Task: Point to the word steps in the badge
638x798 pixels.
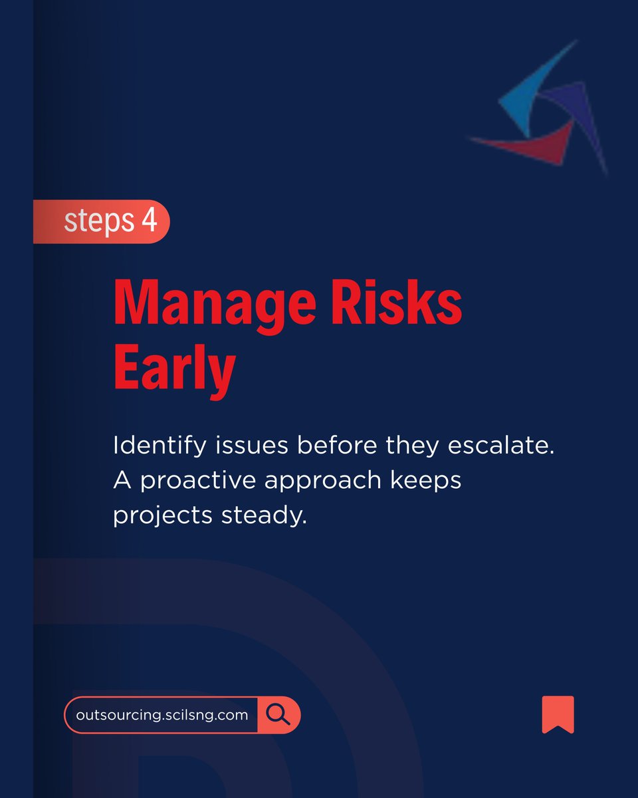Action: coord(98,222)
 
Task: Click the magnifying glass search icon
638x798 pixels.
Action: coord(278,715)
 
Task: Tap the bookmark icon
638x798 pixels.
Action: coord(558,714)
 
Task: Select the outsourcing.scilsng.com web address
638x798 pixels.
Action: coord(162,716)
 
